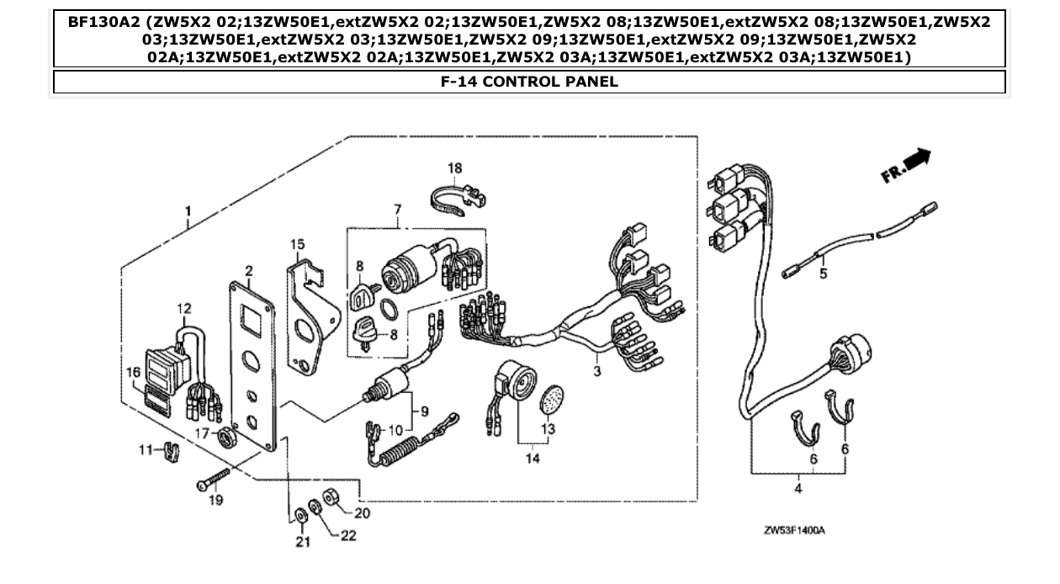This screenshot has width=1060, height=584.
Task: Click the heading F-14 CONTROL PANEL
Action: point(529,82)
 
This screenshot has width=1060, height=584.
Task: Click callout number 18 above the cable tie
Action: point(454,168)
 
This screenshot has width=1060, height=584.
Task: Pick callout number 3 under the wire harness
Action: point(596,369)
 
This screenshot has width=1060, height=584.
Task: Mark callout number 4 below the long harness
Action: point(796,487)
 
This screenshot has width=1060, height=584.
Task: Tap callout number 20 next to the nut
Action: point(363,512)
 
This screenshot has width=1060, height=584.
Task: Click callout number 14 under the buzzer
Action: point(531,458)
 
